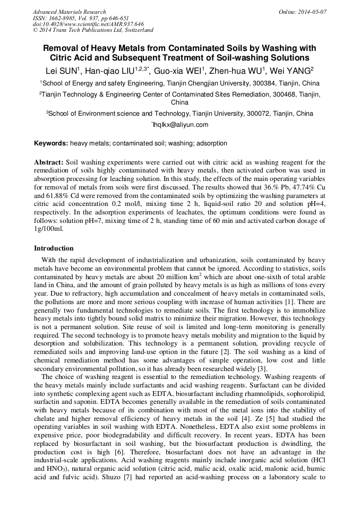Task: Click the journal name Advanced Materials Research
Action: pos(69,12)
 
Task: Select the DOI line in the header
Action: pos(88,24)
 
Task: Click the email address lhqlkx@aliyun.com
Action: pos(181,125)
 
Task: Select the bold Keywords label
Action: pos(51,143)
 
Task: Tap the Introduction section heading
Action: pos(54,248)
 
